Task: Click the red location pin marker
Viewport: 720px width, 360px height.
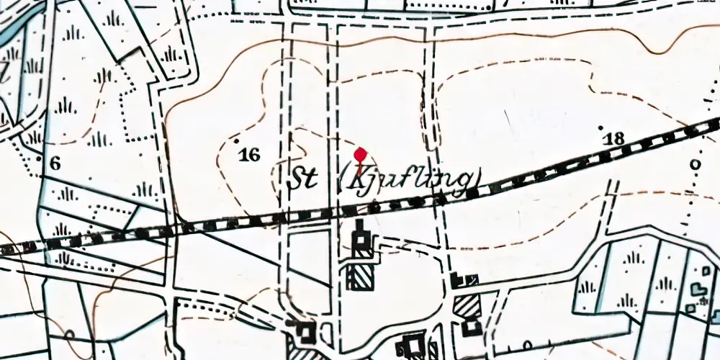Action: click(x=361, y=155)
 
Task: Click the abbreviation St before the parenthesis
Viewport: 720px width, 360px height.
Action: click(x=303, y=181)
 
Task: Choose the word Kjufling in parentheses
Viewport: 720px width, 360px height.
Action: click(x=409, y=179)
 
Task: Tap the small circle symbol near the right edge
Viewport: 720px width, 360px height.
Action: click(x=695, y=164)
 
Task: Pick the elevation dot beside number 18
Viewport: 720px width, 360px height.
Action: click(x=602, y=127)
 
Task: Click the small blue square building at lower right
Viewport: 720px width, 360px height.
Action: click(x=690, y=308)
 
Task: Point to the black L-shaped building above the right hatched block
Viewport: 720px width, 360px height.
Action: click(x=462, y=280)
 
